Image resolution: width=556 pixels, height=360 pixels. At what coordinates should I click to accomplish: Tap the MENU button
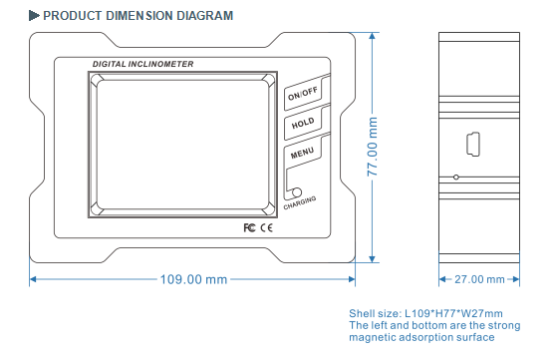[x=302, y=155]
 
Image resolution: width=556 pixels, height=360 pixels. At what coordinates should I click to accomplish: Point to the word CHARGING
[x=300, y=201]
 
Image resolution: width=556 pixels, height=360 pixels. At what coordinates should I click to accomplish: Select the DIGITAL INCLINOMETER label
[x=143, y=64]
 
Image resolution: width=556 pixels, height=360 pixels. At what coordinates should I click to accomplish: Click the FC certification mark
[x=250, y=226]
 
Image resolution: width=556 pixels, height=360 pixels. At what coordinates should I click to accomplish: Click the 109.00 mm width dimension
[x=194, y=279]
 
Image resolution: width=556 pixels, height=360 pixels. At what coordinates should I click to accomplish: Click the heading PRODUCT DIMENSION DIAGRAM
[x=139, y=16]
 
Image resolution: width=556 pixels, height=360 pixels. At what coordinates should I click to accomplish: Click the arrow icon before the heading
[x=34, y=16]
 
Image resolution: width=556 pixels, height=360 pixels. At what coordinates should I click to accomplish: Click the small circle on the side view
[x=456, y=178]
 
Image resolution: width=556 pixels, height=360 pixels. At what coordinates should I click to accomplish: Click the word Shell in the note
[x=364, y=313]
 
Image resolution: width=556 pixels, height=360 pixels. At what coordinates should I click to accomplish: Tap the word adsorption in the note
[x=432, y=339]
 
